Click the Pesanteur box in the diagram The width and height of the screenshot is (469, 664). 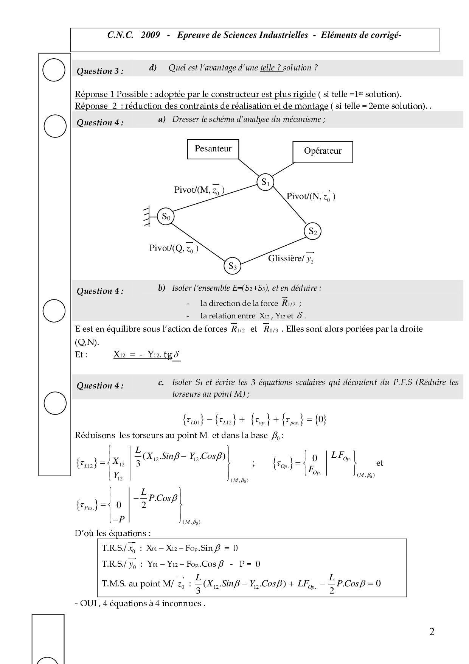213,149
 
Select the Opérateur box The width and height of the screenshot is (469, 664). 323,152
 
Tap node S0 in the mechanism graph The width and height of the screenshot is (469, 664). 165,217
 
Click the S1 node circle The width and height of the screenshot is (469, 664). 265,182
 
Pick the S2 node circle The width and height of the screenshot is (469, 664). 312,231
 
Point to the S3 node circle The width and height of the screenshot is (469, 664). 232,267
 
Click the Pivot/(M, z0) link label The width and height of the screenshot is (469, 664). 199,190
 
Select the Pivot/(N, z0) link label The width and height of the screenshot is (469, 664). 311,196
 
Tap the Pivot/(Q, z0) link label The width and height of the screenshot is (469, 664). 174,248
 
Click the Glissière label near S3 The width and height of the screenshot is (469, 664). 291,258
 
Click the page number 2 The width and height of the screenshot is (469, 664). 432,632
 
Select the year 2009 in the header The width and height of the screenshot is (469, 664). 150,35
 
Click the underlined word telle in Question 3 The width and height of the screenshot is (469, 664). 271,68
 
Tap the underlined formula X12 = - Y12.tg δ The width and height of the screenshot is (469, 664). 147,355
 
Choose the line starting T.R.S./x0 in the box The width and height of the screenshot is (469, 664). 169,548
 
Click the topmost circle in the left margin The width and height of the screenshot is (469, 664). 54,70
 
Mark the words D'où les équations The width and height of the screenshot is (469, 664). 112,533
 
